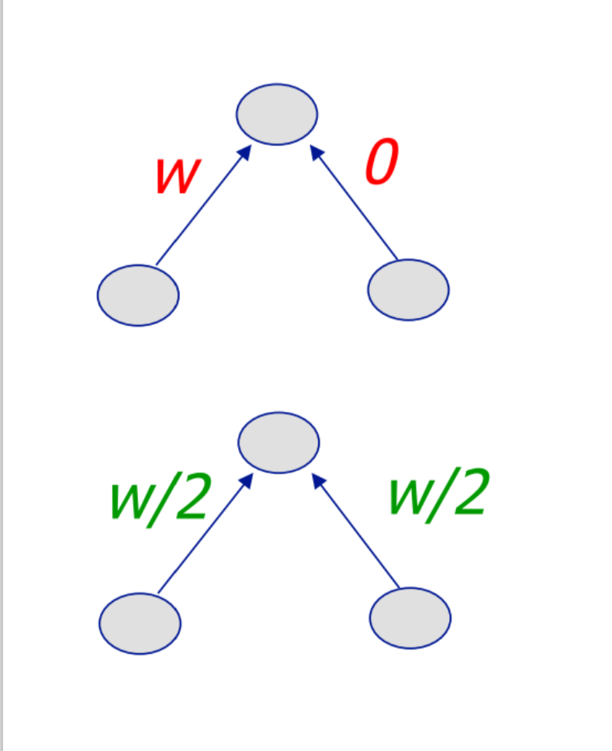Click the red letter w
177,176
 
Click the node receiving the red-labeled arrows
277,114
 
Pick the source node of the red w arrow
138,295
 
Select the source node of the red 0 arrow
408,290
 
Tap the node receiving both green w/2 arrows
278,442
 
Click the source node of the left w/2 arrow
140,623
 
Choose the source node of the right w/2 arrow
410,618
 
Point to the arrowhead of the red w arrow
245,152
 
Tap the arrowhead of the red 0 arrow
316,152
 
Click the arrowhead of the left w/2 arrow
247,480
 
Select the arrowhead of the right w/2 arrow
317,480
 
